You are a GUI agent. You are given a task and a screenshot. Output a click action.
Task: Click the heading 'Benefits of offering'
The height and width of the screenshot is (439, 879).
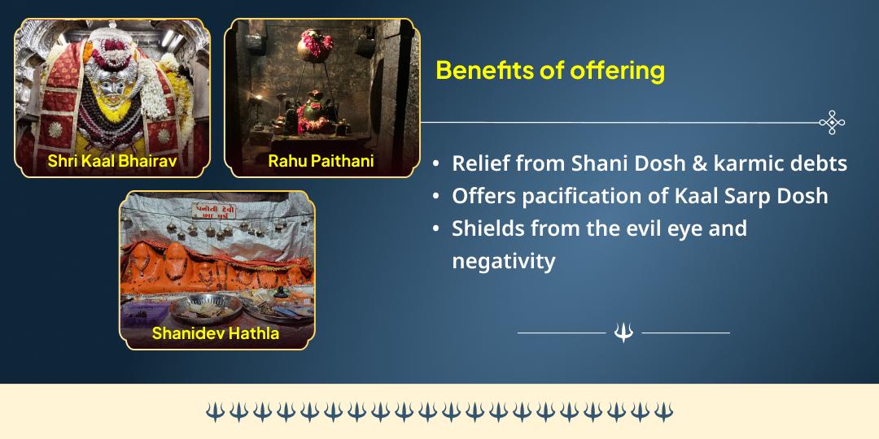(550, 71)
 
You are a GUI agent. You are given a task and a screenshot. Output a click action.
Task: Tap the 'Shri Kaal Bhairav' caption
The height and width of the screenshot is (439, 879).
(112, 161)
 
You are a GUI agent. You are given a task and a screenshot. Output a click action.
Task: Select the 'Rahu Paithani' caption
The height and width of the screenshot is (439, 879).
(321, 161)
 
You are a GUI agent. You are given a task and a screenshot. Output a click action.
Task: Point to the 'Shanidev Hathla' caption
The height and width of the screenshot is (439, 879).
(216, 333)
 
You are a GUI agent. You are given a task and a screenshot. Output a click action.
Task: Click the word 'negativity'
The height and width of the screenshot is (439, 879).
(504, 261)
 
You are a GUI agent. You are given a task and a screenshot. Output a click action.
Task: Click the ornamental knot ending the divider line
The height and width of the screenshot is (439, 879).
(832, 123)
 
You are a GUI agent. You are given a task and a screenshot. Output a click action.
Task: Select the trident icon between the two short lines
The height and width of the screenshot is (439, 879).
(623, 333)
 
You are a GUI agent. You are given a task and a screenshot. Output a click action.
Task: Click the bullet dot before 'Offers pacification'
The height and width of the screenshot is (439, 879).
(437, 197)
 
